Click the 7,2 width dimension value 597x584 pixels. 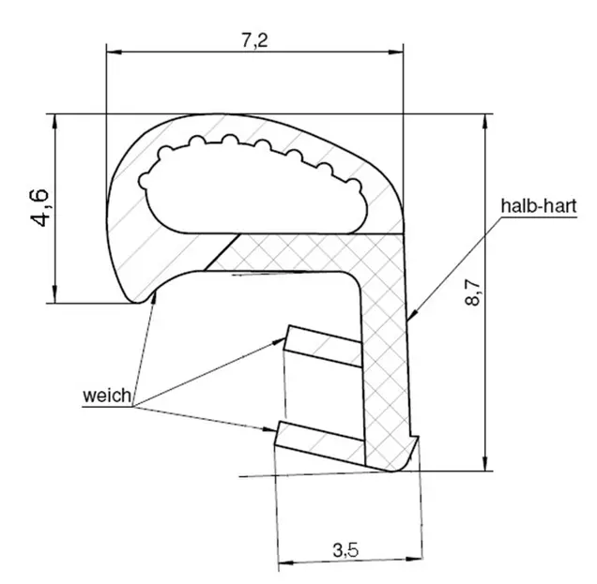(x=254, y=40)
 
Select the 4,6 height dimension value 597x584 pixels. (x=39, y=207)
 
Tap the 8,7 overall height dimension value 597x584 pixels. (x=472, y=292)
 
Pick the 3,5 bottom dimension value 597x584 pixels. (x=345, y=549)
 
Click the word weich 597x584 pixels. (x=107, y=396)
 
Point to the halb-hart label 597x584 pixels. (x=539, y=206)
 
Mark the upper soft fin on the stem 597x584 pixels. (x=324, y=346)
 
